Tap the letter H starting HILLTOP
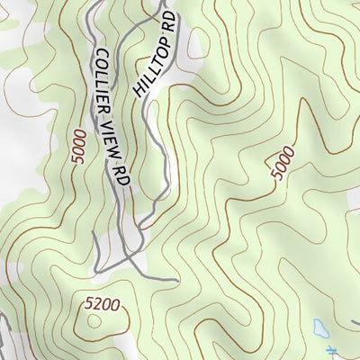pyautogui.click(x=139, y=94)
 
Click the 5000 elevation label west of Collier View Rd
pyautogui.click(x=78, y=146)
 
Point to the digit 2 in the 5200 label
pyautogui.click(x=97, y=306)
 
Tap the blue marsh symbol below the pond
pyautogui.click(x=332, y=351)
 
